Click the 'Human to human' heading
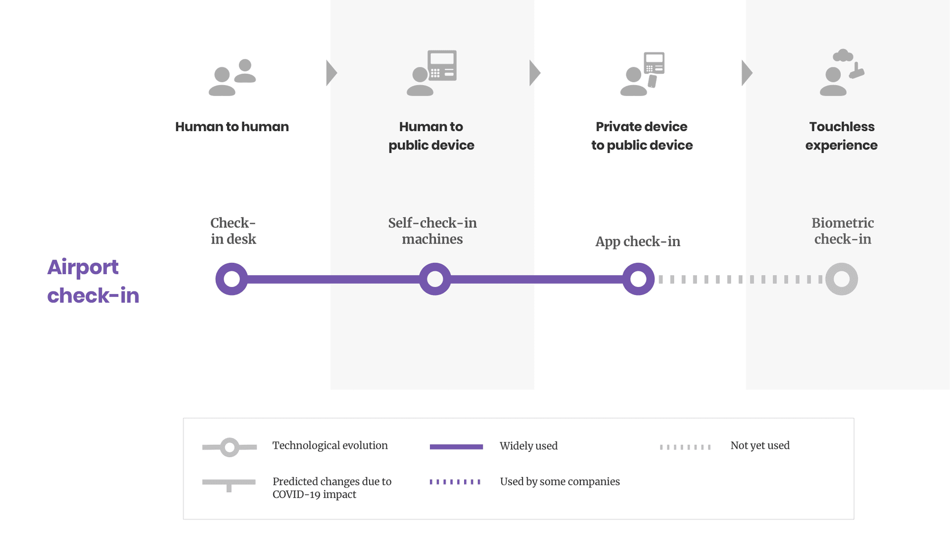232,127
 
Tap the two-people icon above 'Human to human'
232,77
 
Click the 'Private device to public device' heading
642,136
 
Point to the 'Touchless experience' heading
841,136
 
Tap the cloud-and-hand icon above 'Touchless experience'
842,73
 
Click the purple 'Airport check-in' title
93,281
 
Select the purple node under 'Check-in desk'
232,279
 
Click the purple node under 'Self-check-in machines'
435,279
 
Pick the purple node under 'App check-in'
638,279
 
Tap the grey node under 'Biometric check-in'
841,279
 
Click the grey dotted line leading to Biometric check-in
740,280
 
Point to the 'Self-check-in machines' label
432,231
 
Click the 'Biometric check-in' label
842,231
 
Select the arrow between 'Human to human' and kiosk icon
332,73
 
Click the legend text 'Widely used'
528,446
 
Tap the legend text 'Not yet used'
760,445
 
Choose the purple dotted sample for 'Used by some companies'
455,482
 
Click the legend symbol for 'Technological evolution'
230,447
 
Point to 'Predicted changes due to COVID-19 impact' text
332,487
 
